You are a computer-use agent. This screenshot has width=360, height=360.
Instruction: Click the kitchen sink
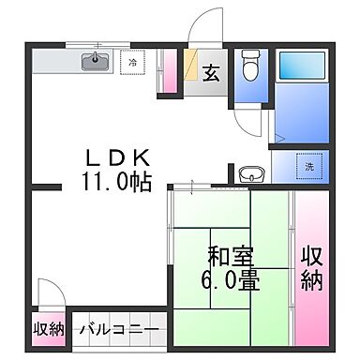tap(94, 63)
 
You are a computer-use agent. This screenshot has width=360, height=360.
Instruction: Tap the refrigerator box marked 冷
tap(134, 63)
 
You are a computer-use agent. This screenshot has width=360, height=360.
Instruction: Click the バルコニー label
tap(118, 329)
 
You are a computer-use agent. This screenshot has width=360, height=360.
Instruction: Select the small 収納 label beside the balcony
tap(49, 329)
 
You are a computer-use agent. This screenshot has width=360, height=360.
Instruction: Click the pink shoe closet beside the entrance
tap(170, 70)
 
